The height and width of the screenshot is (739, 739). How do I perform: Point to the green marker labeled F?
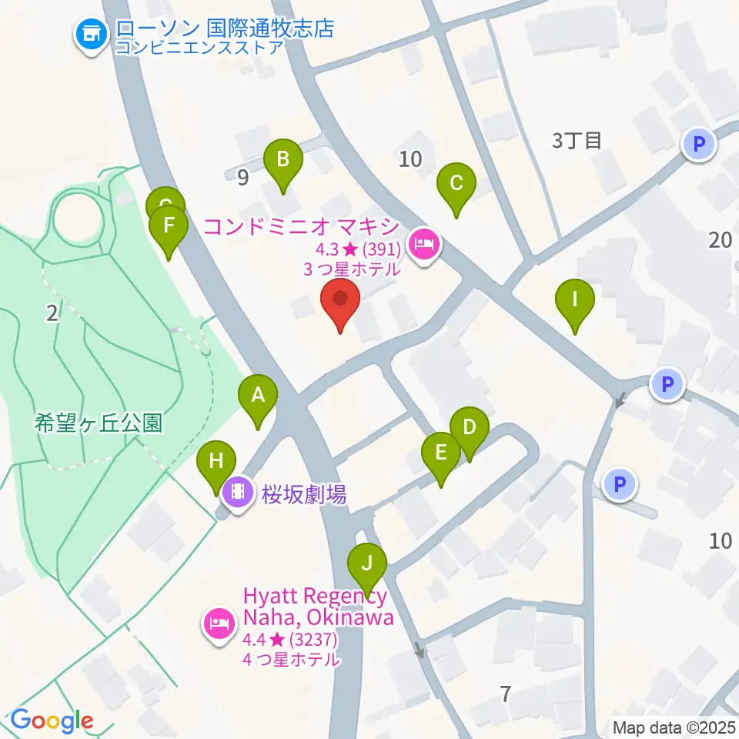[168, 228]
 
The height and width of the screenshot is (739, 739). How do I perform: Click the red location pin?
[339, 300]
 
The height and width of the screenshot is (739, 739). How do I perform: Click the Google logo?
[52, 720]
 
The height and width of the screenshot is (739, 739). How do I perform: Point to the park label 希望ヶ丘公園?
[99, 423]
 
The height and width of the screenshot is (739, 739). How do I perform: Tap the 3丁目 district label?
[576, 140]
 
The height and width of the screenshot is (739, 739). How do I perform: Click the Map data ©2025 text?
[674, 727]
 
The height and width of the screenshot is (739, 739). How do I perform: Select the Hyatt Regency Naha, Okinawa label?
[318, 607]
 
